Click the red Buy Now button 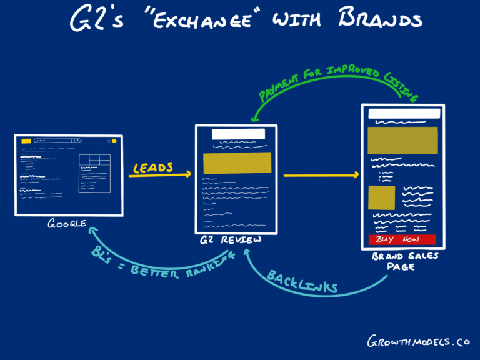point(402,239)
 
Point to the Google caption point(67,224)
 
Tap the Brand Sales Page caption point(406,261)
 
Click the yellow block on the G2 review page point(237,163)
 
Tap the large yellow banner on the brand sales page point(402,141)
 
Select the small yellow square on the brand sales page point(381,197)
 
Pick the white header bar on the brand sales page point(404,114)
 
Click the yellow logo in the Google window point(26,141)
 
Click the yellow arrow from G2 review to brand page point(322,176)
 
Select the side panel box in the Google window point(94,173)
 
